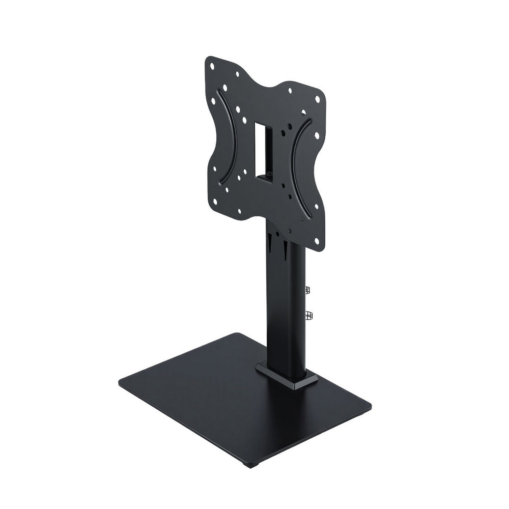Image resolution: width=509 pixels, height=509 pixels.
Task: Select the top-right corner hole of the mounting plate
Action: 318,100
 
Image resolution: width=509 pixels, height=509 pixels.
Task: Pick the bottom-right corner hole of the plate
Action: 317,240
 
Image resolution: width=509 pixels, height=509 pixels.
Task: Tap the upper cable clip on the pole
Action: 307,290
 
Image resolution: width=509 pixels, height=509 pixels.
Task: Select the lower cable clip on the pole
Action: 308,316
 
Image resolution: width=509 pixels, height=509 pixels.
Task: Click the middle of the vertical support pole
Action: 285,305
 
